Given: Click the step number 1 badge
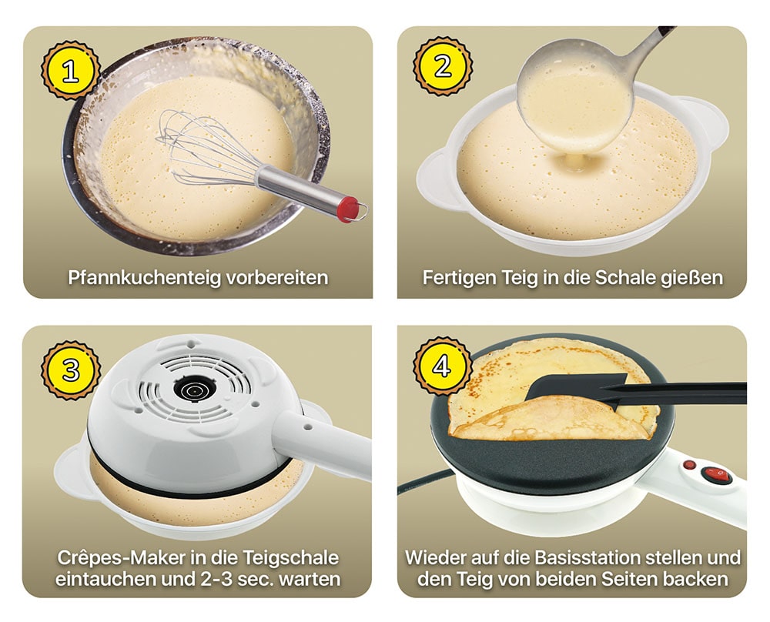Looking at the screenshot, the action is coord(71,71).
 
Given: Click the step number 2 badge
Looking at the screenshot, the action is coord(443,66).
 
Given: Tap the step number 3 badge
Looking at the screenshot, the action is coord(71,370).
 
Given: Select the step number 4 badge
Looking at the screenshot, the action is coord(442,366).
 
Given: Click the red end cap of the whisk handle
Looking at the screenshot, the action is coord(349,209).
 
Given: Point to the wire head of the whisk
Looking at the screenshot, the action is coord(206,147).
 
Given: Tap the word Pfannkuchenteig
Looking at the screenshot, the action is coord(145,278).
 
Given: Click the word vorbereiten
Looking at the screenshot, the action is coord(277,277).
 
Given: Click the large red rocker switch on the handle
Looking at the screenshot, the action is coord(716,474).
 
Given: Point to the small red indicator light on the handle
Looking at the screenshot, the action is coord(689,464).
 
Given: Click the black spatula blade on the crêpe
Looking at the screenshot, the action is coord(575,388).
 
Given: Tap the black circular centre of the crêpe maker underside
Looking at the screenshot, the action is coord(195,390).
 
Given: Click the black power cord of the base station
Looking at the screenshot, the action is coord(425,480).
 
